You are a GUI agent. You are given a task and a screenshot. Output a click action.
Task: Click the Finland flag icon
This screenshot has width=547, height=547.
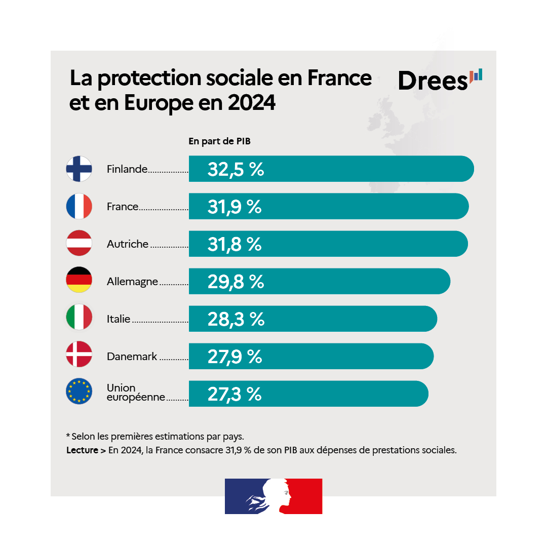(x=79, y=169)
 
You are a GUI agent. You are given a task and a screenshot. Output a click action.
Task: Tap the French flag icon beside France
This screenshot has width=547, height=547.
(x=79, y=206)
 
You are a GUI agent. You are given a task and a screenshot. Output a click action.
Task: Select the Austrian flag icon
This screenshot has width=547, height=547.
(x=79, y=244)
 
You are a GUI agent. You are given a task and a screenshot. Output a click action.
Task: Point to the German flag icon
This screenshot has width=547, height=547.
(x=79, y=281)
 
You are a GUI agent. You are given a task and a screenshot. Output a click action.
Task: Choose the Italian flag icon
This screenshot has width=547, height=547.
(x=79, y=319)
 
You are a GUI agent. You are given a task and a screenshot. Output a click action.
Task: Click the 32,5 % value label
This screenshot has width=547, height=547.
(x=236, y=169)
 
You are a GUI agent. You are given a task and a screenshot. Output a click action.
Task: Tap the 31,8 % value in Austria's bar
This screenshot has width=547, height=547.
(x=235, y=244)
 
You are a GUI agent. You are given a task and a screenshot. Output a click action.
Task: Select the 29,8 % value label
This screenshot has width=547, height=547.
(x=236, y=282)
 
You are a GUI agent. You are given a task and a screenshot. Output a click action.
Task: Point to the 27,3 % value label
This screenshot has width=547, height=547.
(x=235, y=394)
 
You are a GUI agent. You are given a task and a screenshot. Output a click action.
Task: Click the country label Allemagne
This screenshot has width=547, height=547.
(x=133, y=282)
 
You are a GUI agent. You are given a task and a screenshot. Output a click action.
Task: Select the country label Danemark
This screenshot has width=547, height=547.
(x=132, y=357)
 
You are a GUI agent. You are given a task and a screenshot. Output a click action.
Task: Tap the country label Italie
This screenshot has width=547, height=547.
(x=119, y=319)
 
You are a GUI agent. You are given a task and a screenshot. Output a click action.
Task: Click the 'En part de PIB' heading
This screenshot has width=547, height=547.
(x=219, y=141)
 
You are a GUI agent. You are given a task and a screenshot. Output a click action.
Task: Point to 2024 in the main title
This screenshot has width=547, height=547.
(x=251, y=103)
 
